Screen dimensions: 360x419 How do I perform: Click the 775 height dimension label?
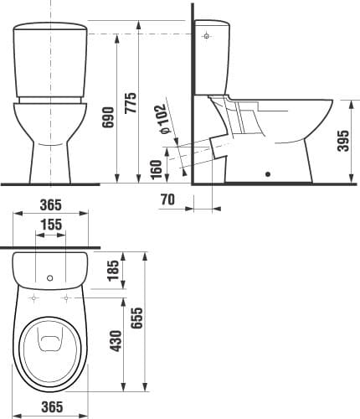131,102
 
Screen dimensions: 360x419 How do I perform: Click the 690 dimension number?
108,117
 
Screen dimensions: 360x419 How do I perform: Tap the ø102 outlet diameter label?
163,119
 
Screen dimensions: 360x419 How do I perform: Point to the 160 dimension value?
156,169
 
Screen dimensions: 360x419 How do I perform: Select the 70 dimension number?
167,199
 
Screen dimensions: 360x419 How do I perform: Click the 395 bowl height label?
343,141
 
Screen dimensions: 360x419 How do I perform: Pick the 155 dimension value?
51,225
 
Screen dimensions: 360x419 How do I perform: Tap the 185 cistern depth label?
113,271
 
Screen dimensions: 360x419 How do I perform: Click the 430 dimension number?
116,341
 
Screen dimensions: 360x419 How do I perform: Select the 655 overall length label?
137,318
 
